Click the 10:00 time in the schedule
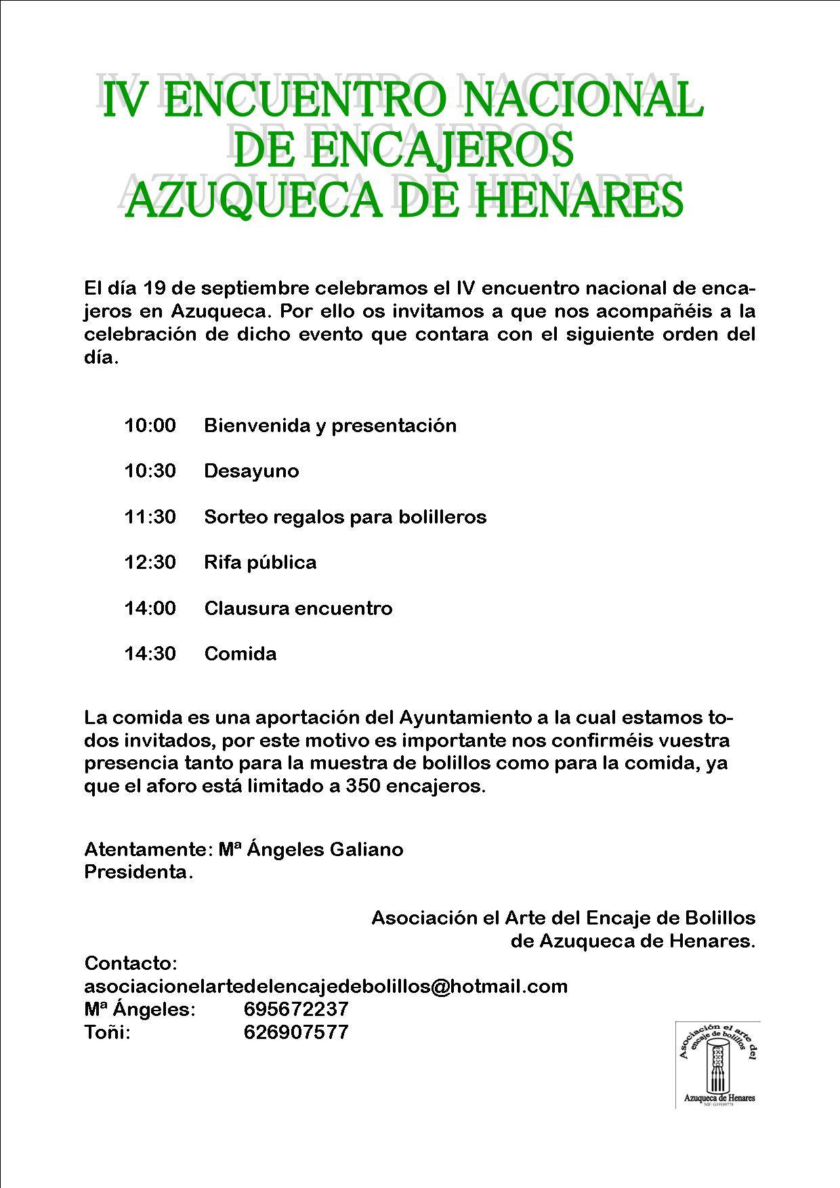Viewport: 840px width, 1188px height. [150, 426]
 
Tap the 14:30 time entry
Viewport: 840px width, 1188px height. [150, 654]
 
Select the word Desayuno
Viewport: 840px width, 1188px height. [251, 471]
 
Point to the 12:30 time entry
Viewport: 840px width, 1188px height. [150, 563]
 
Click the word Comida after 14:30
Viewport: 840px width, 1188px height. [240, 654]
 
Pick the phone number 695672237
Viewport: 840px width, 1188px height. [295, 1009]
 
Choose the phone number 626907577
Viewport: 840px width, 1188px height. [295, 1032]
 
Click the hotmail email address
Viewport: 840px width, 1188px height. [326, 986]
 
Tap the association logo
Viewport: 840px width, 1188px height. [717, 1064]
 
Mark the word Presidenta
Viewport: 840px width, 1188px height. [138, 872]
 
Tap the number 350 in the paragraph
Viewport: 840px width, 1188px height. [364, 787]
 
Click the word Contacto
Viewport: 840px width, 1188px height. [131, 963]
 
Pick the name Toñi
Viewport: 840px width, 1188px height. [107, 1032]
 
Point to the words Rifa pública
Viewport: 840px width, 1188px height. [260, 563]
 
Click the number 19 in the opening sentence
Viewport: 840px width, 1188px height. [153, 289]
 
